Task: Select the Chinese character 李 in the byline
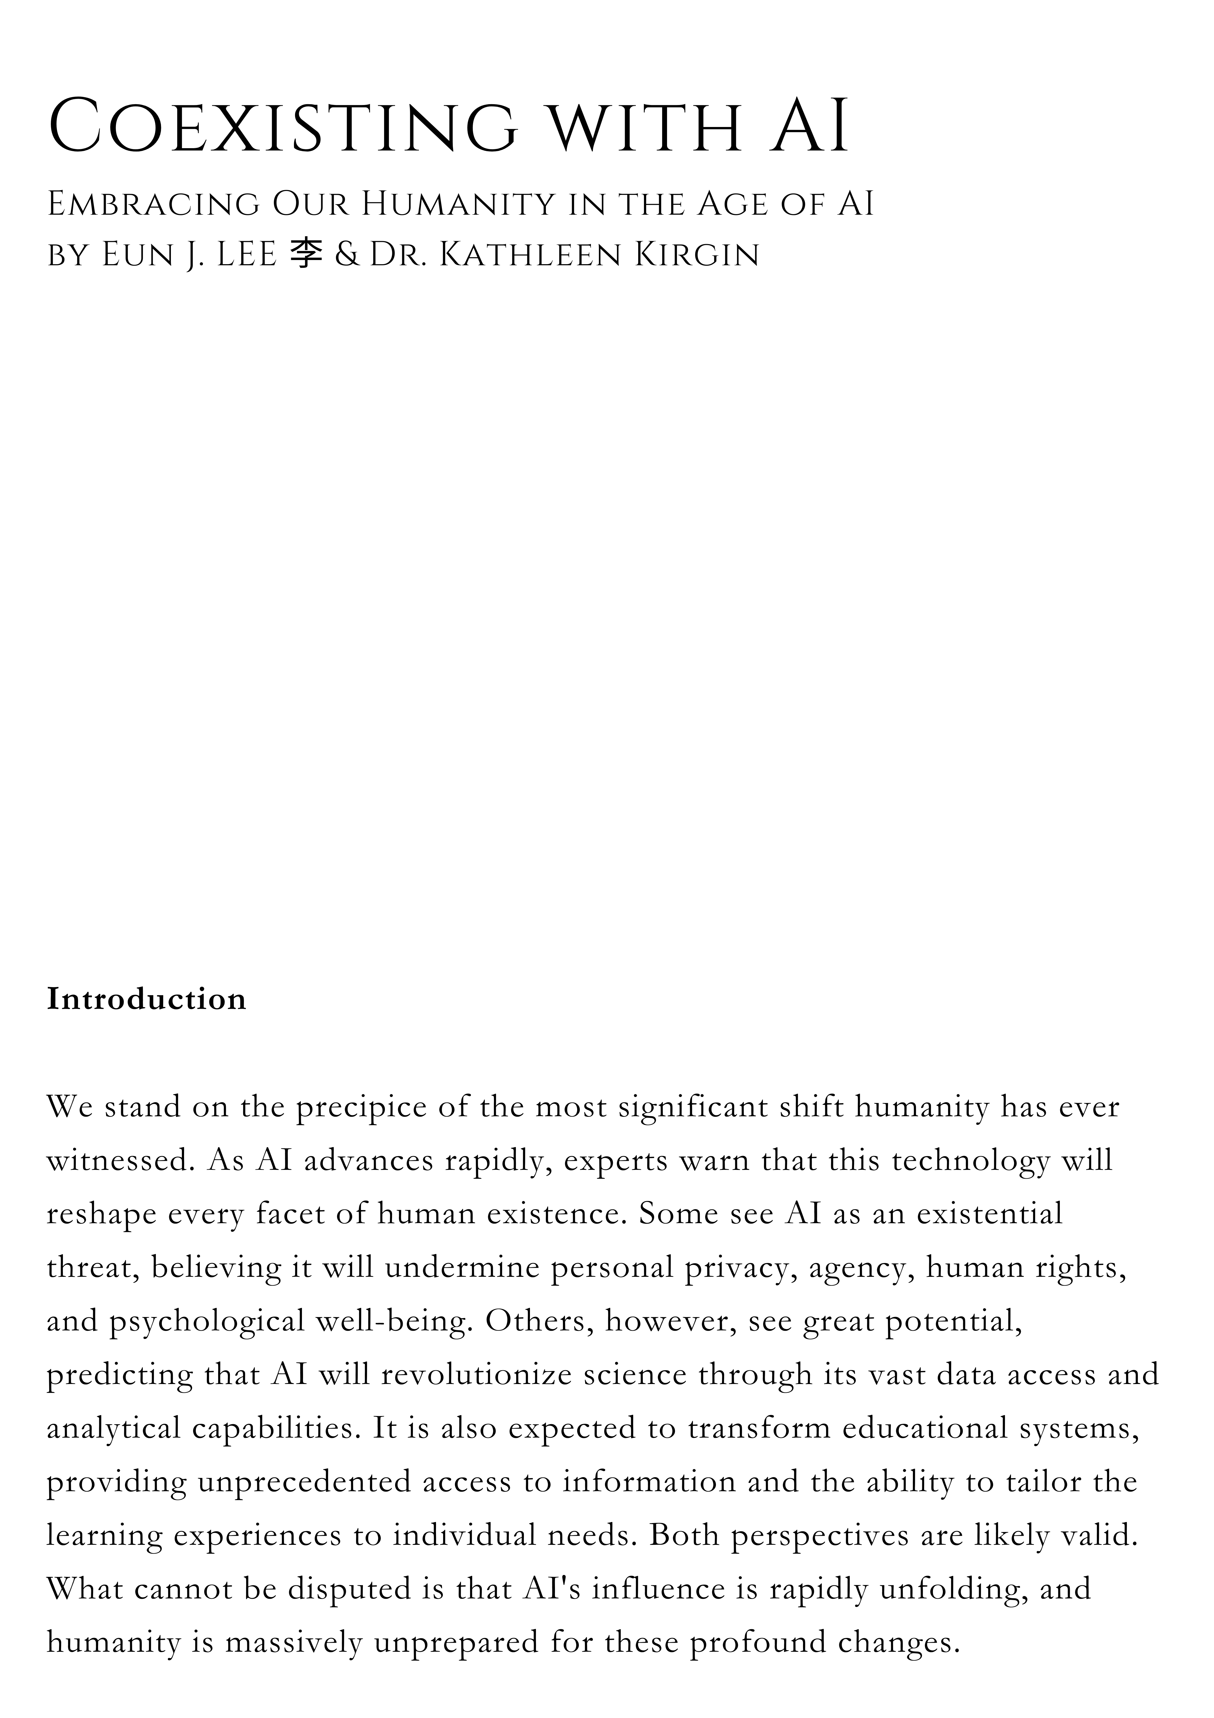[305, 255]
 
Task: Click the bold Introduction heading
[147, 999]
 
